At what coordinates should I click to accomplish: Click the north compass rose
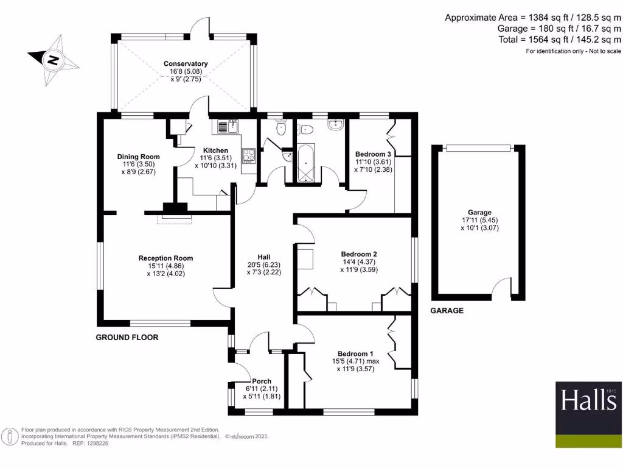[x=53, y=60]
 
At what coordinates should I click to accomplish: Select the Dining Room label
[x=138, y=157]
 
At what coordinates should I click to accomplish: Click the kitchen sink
[x=228, y=127]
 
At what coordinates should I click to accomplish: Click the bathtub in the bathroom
[x=304, y=161]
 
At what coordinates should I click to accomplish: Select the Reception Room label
[x=165, y=258]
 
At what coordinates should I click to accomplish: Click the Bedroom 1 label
[x=356, y=353]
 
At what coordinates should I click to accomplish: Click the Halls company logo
[x=588, y=401]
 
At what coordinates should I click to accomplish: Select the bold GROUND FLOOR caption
[x=127, y=337]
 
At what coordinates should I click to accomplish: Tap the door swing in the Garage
[x=502, y=287]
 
